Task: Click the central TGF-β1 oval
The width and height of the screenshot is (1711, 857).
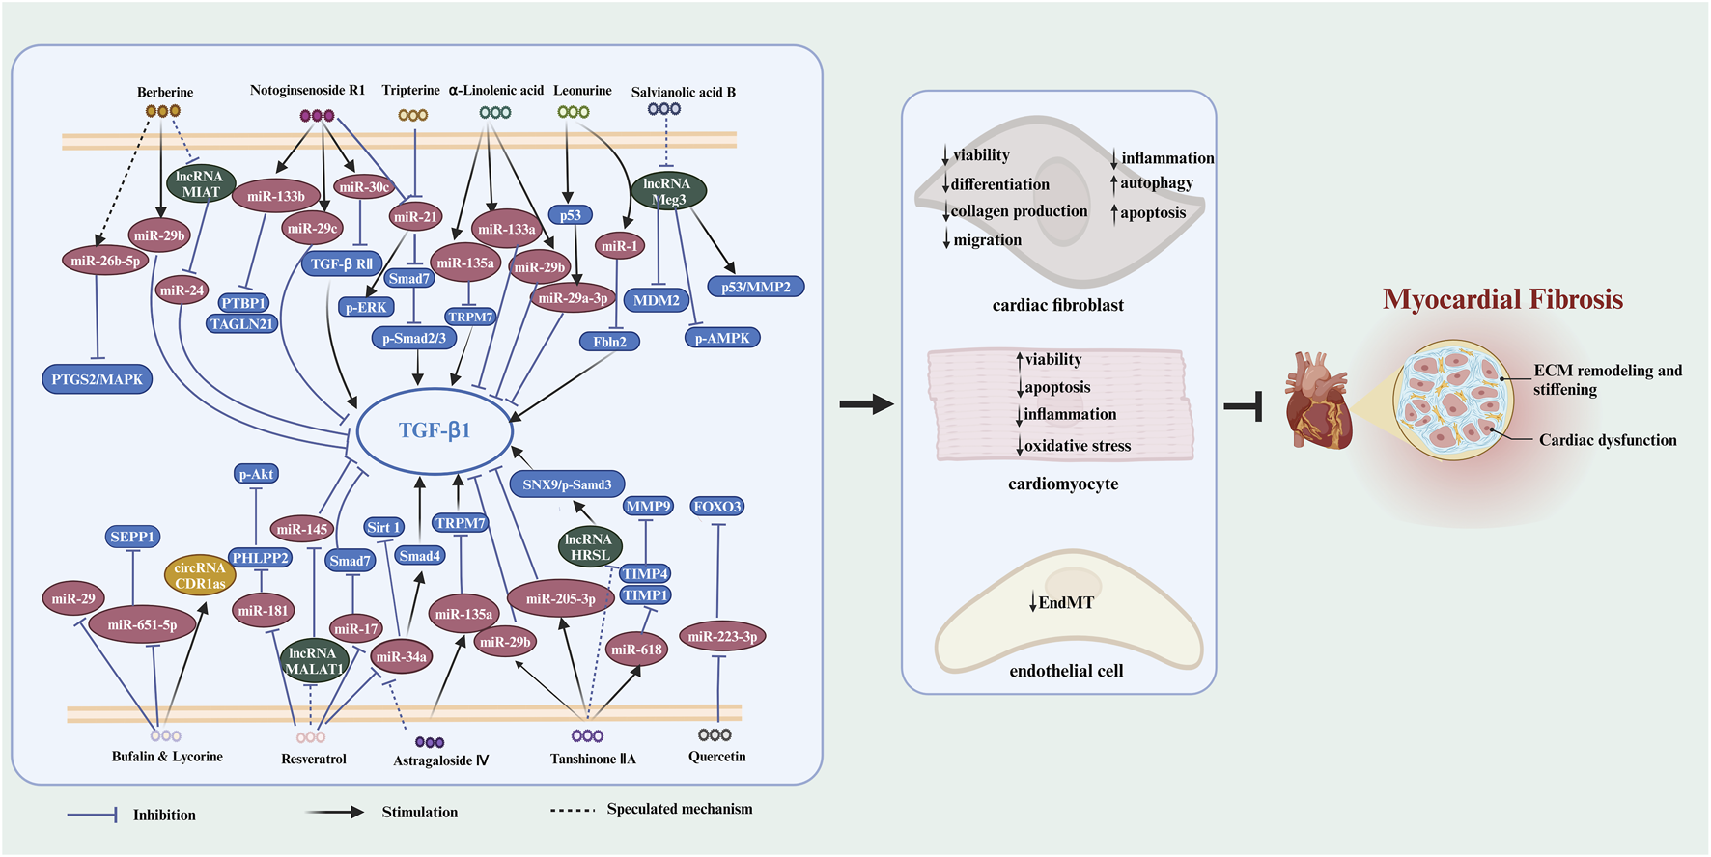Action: click(435, 430)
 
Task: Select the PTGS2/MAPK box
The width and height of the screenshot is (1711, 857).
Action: click(97, 379)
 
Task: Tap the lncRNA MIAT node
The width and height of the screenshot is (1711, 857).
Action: click(201, 183)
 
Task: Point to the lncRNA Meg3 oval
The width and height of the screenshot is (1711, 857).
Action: click(668, 191)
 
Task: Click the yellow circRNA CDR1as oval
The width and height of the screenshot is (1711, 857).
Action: click(200, 575)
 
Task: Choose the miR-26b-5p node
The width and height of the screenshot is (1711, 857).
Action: click(105, 261)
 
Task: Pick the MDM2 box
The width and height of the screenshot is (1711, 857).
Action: click(657, 300)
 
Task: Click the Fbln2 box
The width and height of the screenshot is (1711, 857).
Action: click(609, 342)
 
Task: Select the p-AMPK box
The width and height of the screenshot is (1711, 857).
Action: click(722, 338)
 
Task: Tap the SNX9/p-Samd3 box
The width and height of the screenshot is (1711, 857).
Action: click(567, 484)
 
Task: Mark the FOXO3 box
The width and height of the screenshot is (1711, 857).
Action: click(717, 507)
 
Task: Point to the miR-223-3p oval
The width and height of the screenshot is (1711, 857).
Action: click(722, 636)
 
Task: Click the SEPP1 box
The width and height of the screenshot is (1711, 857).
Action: click(132, 537)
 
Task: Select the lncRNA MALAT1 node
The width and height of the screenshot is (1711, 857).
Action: click(314, 660)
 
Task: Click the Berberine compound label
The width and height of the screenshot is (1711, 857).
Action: click(165, 93)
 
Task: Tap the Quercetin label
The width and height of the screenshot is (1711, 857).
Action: click(716, 757)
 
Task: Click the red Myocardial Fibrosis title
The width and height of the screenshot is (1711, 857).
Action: click(1502, 299)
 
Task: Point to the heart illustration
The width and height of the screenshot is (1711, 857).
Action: click(1318, 401)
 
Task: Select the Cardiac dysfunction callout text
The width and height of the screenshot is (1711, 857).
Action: click(1608, 440)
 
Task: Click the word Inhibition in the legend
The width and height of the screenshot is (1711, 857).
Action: click(164, 816)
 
